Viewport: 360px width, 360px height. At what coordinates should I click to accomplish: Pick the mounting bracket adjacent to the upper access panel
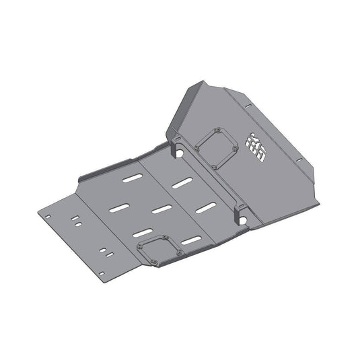176,143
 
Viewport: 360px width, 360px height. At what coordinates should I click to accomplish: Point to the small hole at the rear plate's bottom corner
102,274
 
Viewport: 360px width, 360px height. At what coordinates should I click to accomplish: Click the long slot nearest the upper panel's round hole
180,182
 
